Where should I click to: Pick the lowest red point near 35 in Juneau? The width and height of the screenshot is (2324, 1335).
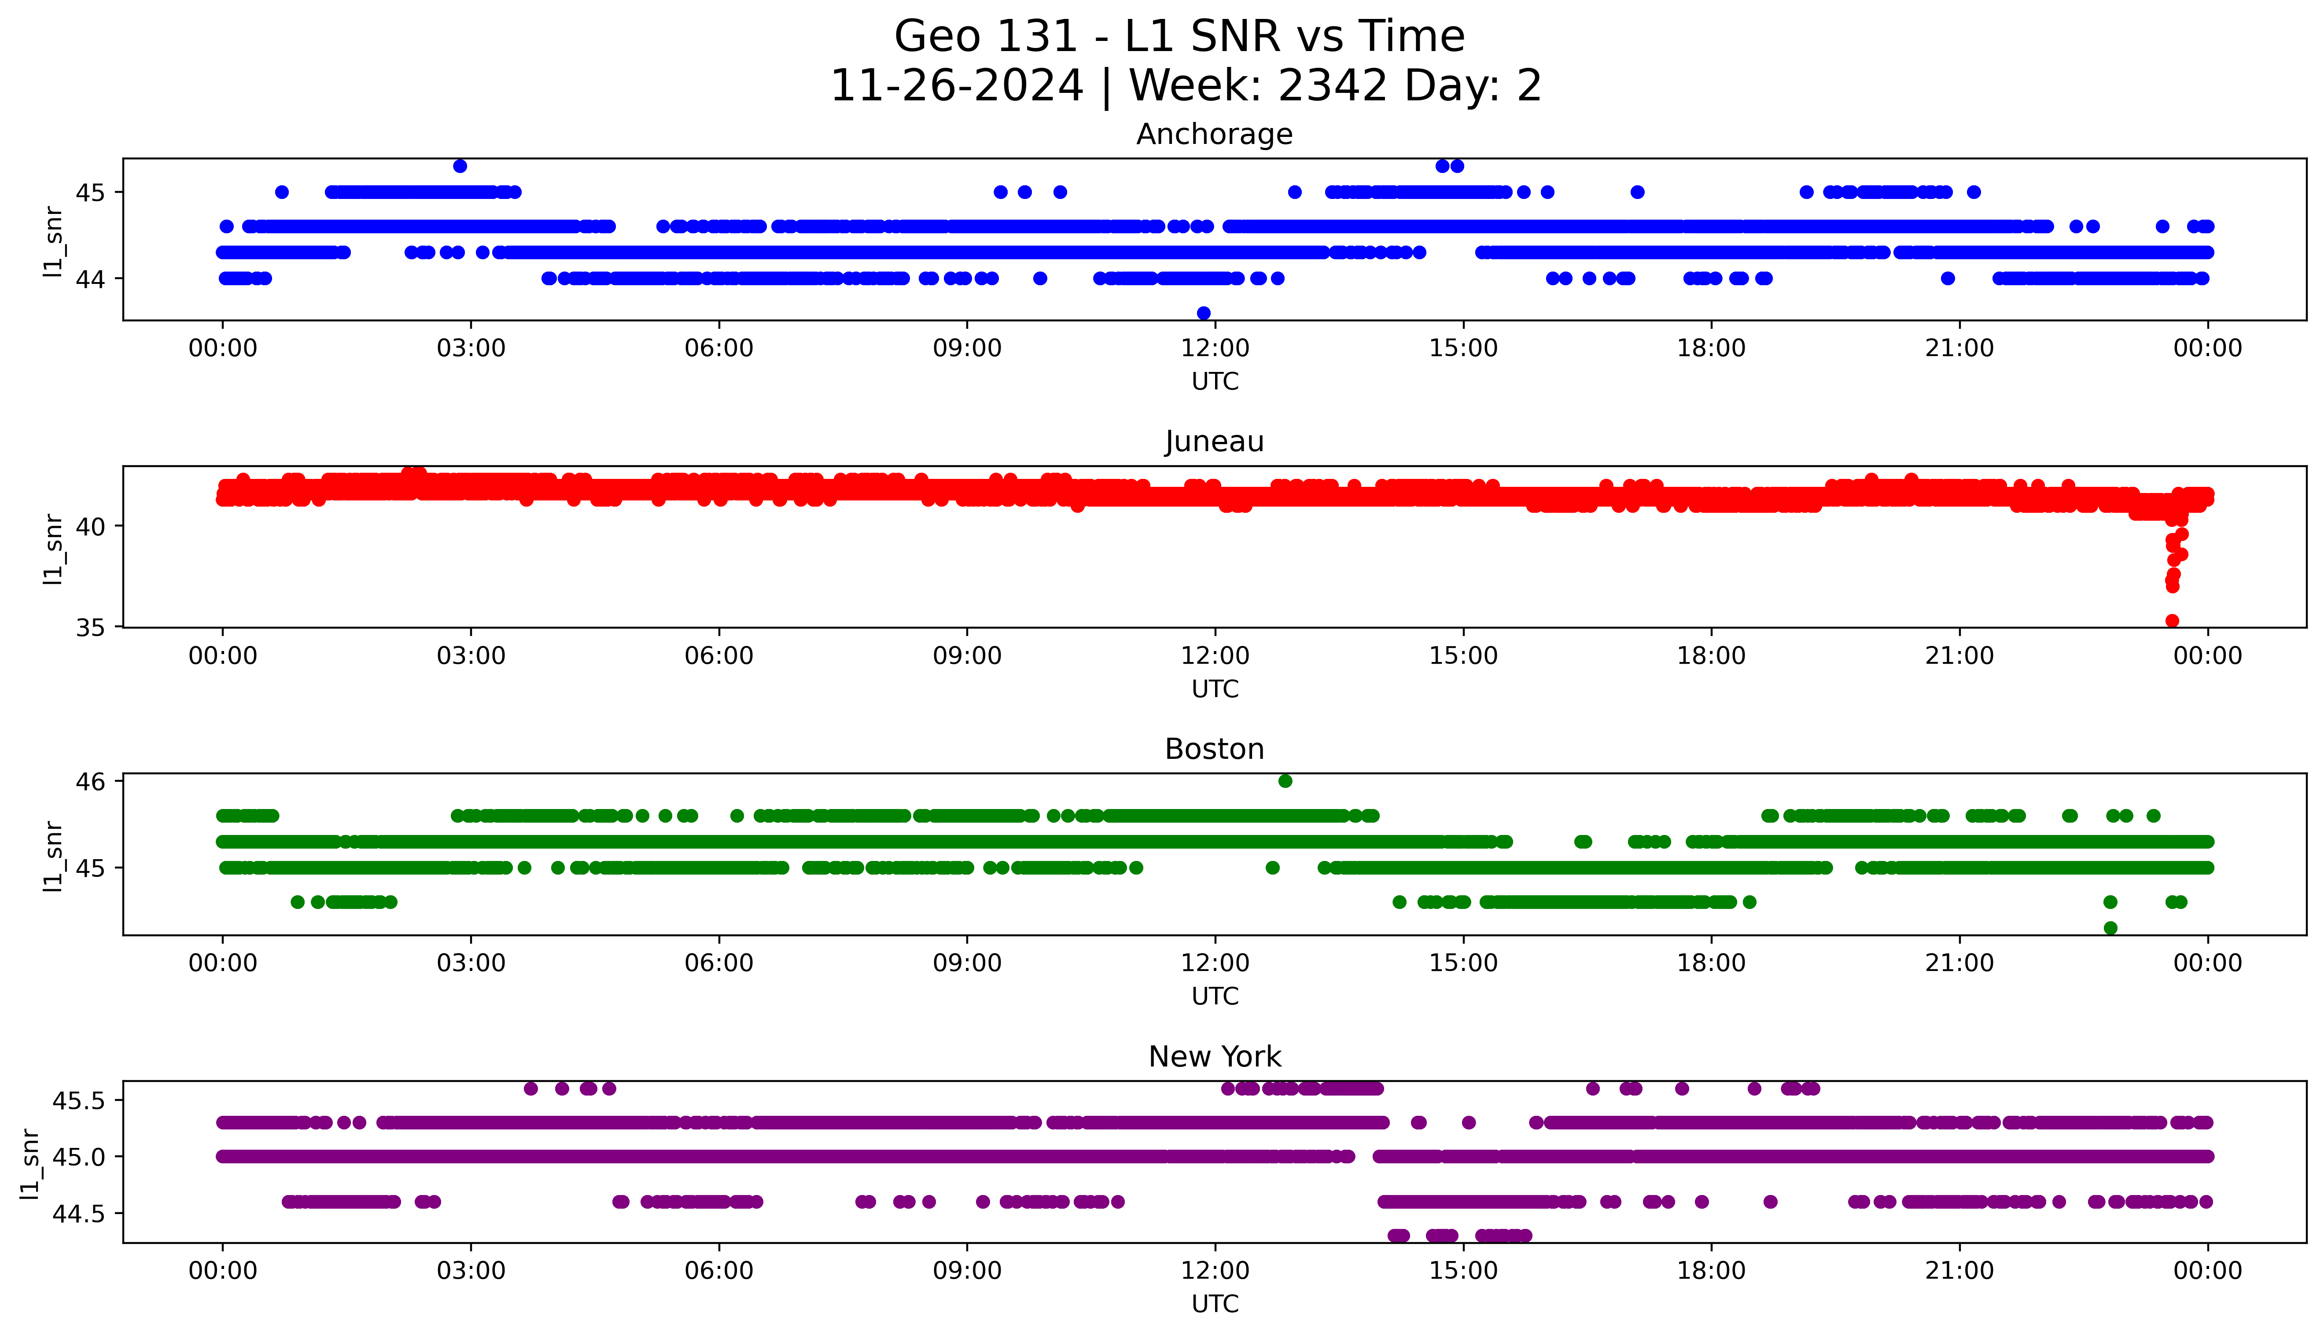click(x=2172, y=621)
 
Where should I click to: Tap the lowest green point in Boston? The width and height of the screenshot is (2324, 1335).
click(x=2110, y=928)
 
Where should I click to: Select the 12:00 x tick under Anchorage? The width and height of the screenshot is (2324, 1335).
click(x=1215, y=349)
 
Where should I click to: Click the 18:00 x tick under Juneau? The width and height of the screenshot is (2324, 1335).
click(x=1711, y=655)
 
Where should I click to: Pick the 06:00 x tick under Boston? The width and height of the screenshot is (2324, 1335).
click(x=719, y=963)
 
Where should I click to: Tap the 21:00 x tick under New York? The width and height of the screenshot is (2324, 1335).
click(x=1959, y=1271)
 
